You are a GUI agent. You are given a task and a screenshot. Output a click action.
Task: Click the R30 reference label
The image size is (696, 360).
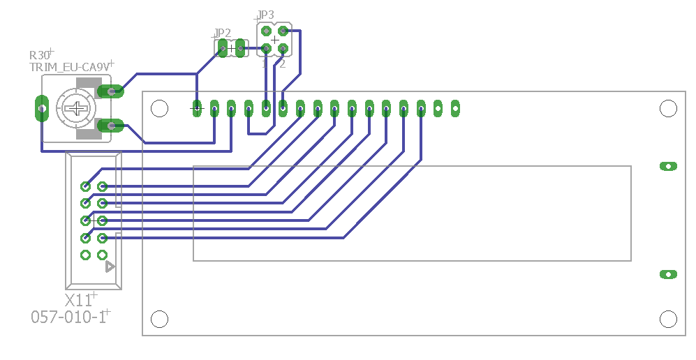tap(40, 55)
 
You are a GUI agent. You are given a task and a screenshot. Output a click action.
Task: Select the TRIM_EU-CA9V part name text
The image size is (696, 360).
tap(68, 67)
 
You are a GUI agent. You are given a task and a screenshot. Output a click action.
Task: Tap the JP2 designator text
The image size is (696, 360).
tap(222, 33)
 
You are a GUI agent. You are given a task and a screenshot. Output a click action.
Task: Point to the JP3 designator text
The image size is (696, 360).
tap(265, 15)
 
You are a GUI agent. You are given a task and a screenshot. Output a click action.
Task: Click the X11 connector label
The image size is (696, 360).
tap(78, 301)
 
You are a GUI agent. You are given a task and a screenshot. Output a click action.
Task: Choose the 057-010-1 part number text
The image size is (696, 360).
tap(68, 317)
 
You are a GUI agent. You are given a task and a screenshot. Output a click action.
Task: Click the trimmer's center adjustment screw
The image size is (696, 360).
tap(76, 108)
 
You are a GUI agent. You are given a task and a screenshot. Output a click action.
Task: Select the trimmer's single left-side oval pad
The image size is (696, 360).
tap(41, 108)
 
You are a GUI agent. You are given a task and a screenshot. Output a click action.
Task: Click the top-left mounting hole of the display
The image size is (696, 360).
tap(160, 108)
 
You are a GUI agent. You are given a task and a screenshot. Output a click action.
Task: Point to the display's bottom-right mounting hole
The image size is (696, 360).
tap(668, 319)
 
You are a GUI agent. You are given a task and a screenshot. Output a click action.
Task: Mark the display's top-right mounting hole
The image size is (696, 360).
tap(668, 108)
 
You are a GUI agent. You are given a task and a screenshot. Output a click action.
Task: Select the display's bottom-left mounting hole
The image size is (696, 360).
tap(160, 319)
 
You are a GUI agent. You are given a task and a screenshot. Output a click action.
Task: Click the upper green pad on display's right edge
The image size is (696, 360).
tap(668, 166)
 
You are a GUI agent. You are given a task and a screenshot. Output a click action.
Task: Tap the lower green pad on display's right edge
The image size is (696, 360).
tap(668, 274)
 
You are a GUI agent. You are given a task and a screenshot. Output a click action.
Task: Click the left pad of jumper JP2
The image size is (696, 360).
tap(223, 48)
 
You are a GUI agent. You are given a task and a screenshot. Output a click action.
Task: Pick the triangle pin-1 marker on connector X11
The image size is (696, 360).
tap(110, 267)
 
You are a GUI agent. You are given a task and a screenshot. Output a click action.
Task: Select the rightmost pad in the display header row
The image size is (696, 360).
tap(455, 108)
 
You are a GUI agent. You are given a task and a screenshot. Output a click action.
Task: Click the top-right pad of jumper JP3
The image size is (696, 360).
tap(283, 31)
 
